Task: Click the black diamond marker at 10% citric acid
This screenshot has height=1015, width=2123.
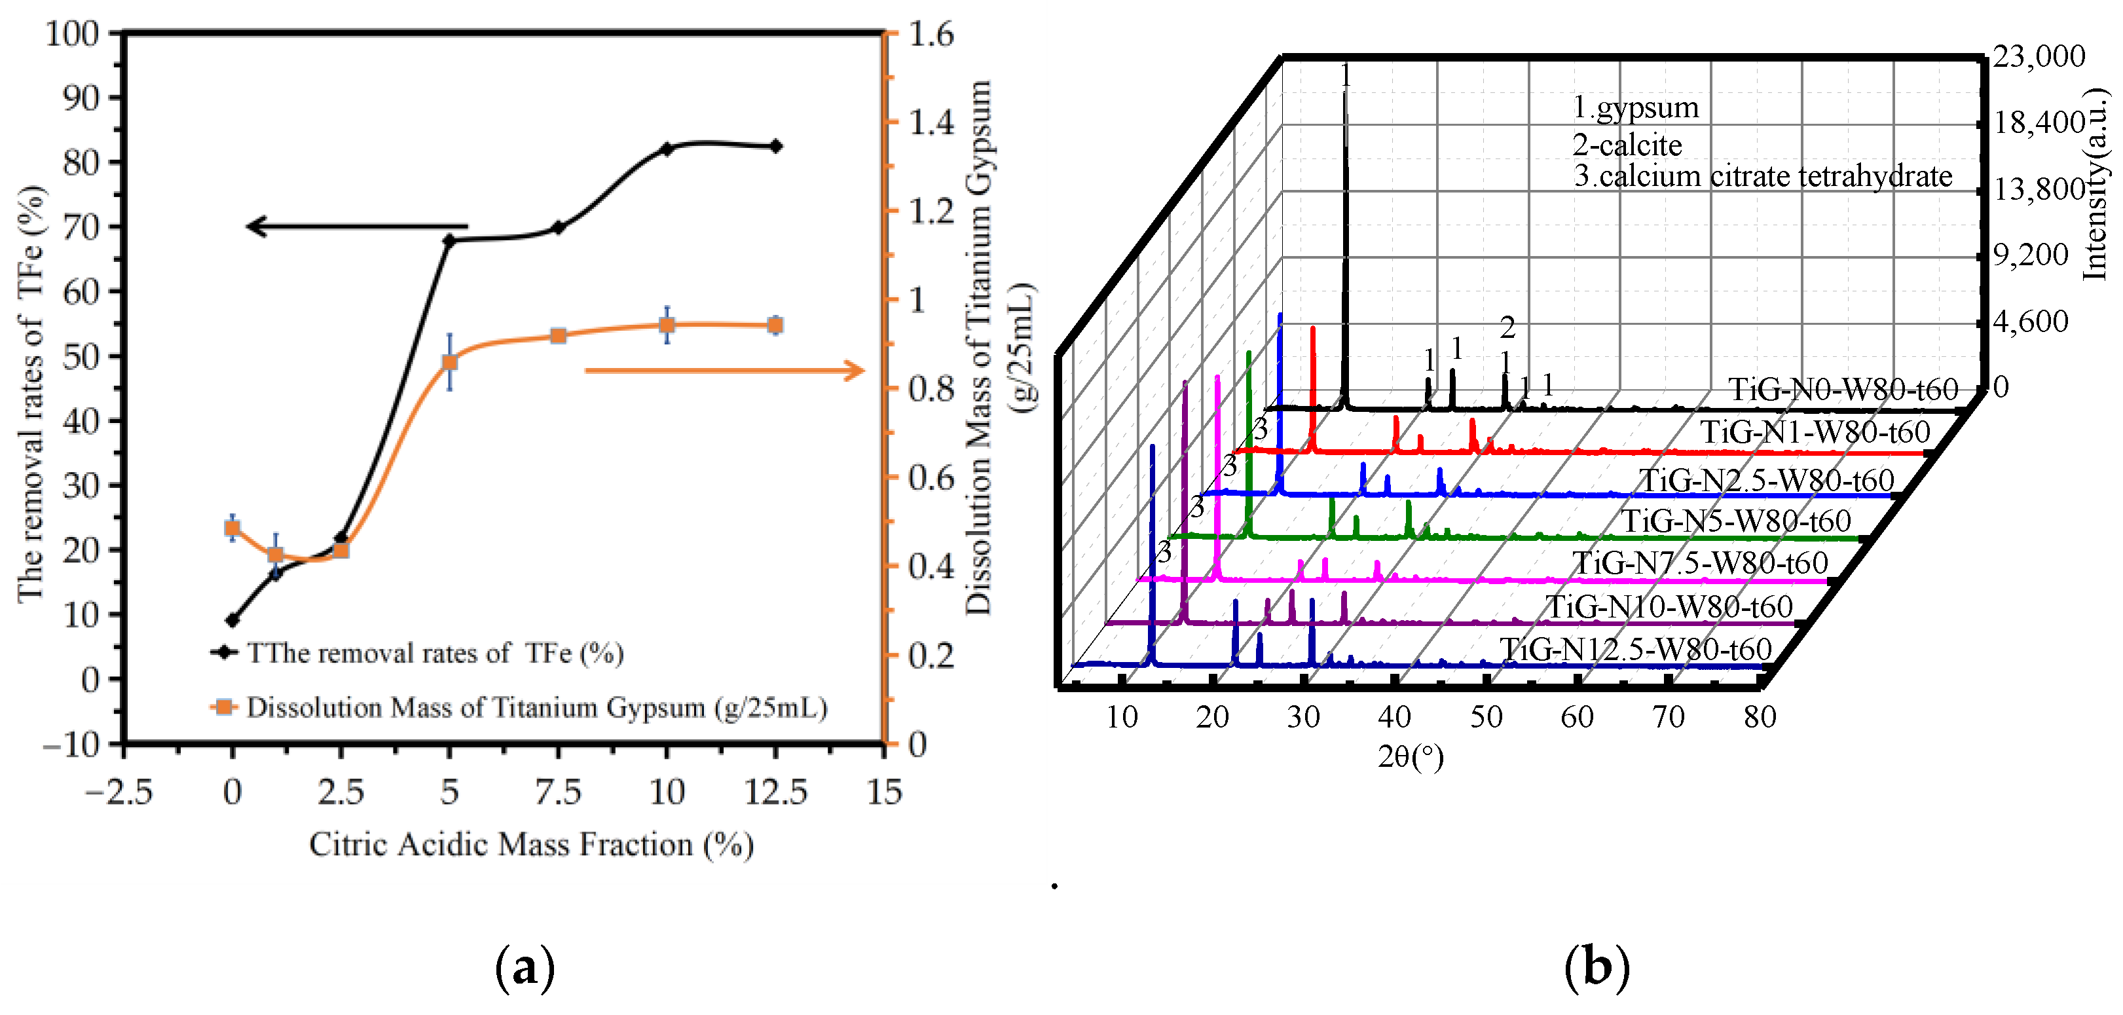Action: coord(667,149)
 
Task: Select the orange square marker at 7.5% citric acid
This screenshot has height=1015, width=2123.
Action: coord(558,336)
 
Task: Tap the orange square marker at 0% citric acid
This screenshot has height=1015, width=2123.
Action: coord(232,528)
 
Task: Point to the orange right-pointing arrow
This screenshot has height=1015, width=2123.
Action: coord(726,371)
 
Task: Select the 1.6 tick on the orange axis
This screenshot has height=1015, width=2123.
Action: coord(931,34)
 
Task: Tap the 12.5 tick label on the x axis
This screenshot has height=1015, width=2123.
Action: coord(775,792)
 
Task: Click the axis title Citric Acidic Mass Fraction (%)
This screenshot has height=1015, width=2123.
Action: coord(532,845)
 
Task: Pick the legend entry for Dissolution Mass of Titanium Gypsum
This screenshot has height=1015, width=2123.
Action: coord(536,708)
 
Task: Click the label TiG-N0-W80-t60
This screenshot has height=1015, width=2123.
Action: coord(1843,389)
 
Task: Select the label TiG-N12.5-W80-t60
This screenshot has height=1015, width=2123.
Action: coord(1635,649)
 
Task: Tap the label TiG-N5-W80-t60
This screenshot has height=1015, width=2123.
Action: coord(1737,521)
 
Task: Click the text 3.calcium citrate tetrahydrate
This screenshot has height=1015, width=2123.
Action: coord(1763,176)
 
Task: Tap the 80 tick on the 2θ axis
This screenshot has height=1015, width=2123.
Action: coord(1760,717)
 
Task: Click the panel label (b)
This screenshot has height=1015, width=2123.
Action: coord(1597,967)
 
